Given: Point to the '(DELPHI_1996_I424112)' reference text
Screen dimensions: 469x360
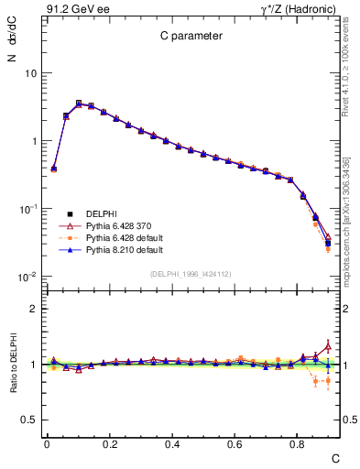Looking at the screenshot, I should (x=190, y=273).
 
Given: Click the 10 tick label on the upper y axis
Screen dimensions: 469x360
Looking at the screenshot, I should (x=30, y=73).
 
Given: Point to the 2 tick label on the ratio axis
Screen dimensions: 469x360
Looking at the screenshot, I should (x=35, y=309).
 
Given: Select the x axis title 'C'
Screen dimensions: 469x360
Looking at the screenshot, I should (x=334, y=457).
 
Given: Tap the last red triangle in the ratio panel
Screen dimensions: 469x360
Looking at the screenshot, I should (x=328, y=346).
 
